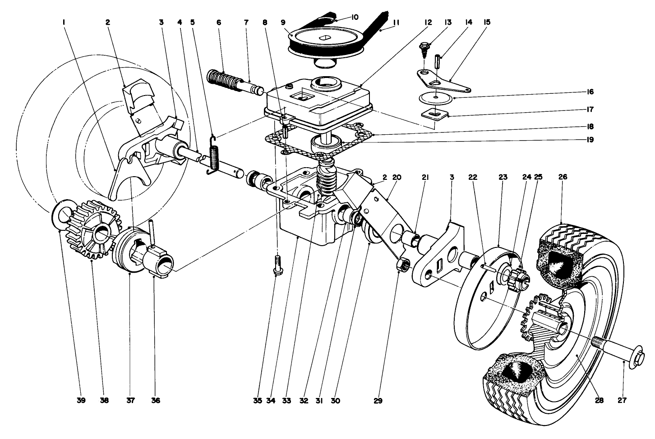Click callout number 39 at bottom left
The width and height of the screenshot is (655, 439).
[81, 400]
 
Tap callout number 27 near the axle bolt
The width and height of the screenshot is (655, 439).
[622, 400]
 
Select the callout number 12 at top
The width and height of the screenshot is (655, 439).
[428, 22]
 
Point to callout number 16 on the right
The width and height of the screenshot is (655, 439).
[590, 91]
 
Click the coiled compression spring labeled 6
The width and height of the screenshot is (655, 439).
[223, 81]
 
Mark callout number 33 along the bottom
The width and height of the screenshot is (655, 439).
[286, 400]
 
